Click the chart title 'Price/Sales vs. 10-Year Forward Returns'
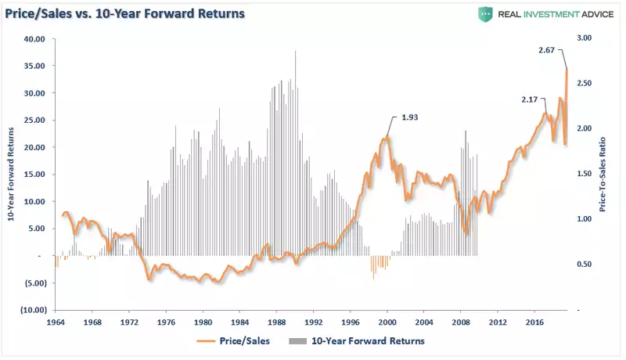(x=125, y=14)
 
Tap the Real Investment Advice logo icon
(x=486, y=15)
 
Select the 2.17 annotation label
(x=532, y=99)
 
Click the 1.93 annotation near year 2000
(x=410, y=117)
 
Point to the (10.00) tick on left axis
(x=34, y=310)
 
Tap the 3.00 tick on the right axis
(x=584, y=38)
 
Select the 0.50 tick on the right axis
(x=584, y=265)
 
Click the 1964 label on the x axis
(x=56, y=322)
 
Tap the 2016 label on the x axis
(x=534, y=322)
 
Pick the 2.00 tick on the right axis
(x=584, y=129)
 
